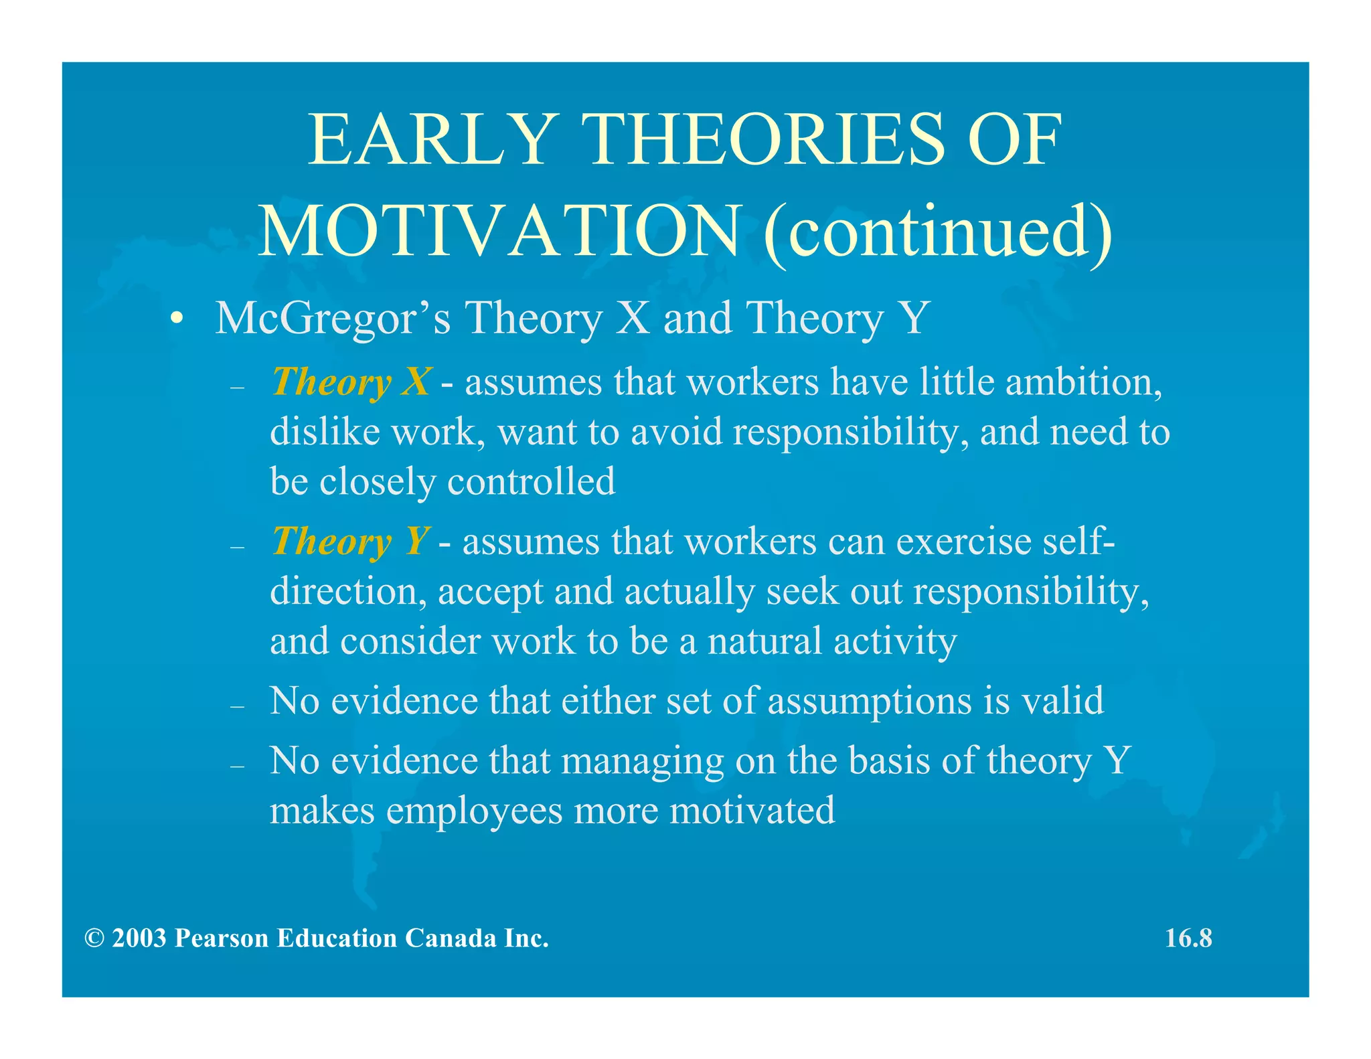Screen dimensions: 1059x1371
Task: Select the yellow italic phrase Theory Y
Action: [x=350, y=542]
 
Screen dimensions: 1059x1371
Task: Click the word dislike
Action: [x=325, y=432]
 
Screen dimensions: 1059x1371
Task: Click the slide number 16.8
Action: [x=1188, y=939]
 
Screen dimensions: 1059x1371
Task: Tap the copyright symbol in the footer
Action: [x=94, y=939]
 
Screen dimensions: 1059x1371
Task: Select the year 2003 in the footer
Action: [x=139, y=939]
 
